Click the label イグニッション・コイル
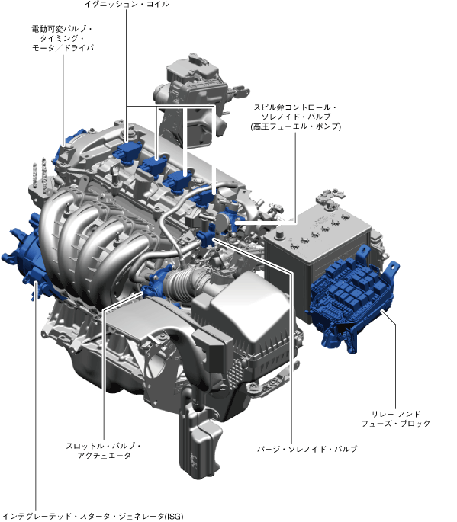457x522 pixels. pos(127,4)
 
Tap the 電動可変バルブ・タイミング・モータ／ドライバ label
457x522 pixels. pos(63,38)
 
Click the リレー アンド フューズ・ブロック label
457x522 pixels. pos(396,419)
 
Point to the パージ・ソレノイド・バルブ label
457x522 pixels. pos(307,449)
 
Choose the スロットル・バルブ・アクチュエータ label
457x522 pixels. pos(104,450)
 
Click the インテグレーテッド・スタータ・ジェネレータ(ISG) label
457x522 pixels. pos(93,517)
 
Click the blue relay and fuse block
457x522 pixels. pos(353,297)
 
